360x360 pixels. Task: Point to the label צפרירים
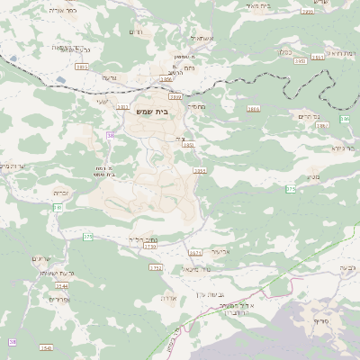pos(58,298)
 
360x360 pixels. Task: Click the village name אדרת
pos(168,296)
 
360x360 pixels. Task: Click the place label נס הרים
pos(307,116)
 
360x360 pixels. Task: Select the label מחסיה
pos(196,106)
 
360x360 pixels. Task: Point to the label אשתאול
pos(200,39)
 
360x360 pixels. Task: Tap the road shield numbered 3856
pos(166,79)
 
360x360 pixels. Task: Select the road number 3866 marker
pos(253,108)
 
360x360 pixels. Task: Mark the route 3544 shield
pos(61,285)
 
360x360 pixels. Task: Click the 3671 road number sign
pos(195,253)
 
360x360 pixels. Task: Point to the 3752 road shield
pos(155,267)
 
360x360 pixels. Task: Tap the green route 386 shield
pos(345,119)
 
